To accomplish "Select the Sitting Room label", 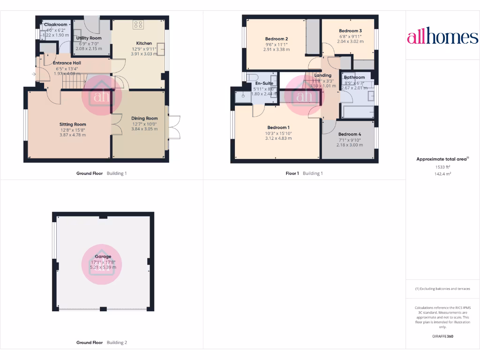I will (73, 124).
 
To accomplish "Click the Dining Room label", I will (144, 119).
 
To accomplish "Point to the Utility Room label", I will (89, 38).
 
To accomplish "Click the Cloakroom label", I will (56, 24).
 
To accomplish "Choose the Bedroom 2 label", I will (276, 39).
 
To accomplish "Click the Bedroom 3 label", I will (351, 31).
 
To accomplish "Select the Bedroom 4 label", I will (350, 134).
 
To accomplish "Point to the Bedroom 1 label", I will (278, 127).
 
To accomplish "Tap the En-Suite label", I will (264, 83).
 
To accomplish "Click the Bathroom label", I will (354, 77).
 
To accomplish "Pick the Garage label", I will (103, 257).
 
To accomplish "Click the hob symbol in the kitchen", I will (138, 24).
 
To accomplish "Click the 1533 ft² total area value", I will (442, 166).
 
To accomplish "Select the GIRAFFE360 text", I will (442, 336).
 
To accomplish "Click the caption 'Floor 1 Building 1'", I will (304, 173).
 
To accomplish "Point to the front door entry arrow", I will (34, 74).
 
